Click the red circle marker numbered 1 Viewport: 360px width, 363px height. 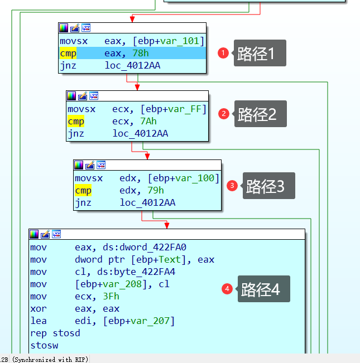(x=223, y=53)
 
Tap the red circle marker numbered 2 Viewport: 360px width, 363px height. (x=224, y=114)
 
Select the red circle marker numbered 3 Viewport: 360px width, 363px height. (x=232, y=186)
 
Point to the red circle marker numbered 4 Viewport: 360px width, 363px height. (x=227, y=289)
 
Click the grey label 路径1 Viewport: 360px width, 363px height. (x=260, y=53)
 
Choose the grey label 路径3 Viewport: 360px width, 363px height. (x=268, y=186)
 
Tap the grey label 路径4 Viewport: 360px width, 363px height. (x=263, y=289)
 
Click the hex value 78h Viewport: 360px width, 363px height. (x=141, y=53)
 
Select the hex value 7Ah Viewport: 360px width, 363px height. (x=148, y=121)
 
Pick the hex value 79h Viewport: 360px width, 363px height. (x=156, y=190)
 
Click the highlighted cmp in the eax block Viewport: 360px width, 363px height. (x=68, y=53)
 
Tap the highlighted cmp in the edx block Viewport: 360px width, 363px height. (x=83, y=190)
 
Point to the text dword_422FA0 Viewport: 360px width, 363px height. (x=153, y=247)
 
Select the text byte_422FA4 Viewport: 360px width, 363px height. (x=159, y=272)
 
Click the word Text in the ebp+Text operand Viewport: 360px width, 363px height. (x=170, y=259)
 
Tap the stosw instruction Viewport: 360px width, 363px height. (x=44, y=345)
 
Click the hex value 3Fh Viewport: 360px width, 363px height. (x=111, y=296)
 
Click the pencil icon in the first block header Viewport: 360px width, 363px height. (x=75, y=28)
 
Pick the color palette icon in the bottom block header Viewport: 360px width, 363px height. (x=34, y=234)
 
